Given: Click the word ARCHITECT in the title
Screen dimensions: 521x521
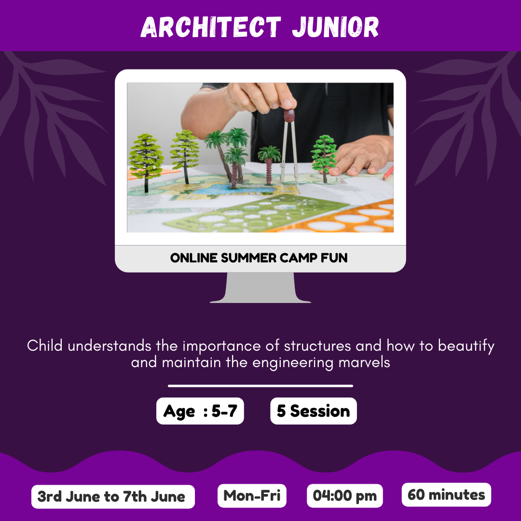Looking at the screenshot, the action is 211,27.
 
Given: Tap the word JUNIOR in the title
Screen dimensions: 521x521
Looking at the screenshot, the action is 335,27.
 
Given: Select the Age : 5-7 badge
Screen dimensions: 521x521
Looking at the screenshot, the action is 200,411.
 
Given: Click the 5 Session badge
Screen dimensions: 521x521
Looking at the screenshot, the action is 314,411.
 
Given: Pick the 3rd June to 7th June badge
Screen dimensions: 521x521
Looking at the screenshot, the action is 113,497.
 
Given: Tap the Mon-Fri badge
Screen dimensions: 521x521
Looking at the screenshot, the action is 252,496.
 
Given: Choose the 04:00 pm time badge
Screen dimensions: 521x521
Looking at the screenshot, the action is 344,496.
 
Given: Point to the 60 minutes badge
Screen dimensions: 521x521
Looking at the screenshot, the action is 446,495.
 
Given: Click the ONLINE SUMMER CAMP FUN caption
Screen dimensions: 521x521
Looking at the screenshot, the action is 259,258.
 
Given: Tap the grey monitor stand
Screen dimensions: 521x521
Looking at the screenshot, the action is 260,288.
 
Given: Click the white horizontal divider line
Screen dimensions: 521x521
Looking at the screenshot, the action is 260,386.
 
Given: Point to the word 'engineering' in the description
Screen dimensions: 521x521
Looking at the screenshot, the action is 293,363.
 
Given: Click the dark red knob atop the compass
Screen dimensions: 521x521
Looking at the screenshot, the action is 289,115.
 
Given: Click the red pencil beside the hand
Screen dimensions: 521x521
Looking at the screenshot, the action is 388,173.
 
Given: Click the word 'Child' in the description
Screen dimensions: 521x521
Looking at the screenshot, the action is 45,345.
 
